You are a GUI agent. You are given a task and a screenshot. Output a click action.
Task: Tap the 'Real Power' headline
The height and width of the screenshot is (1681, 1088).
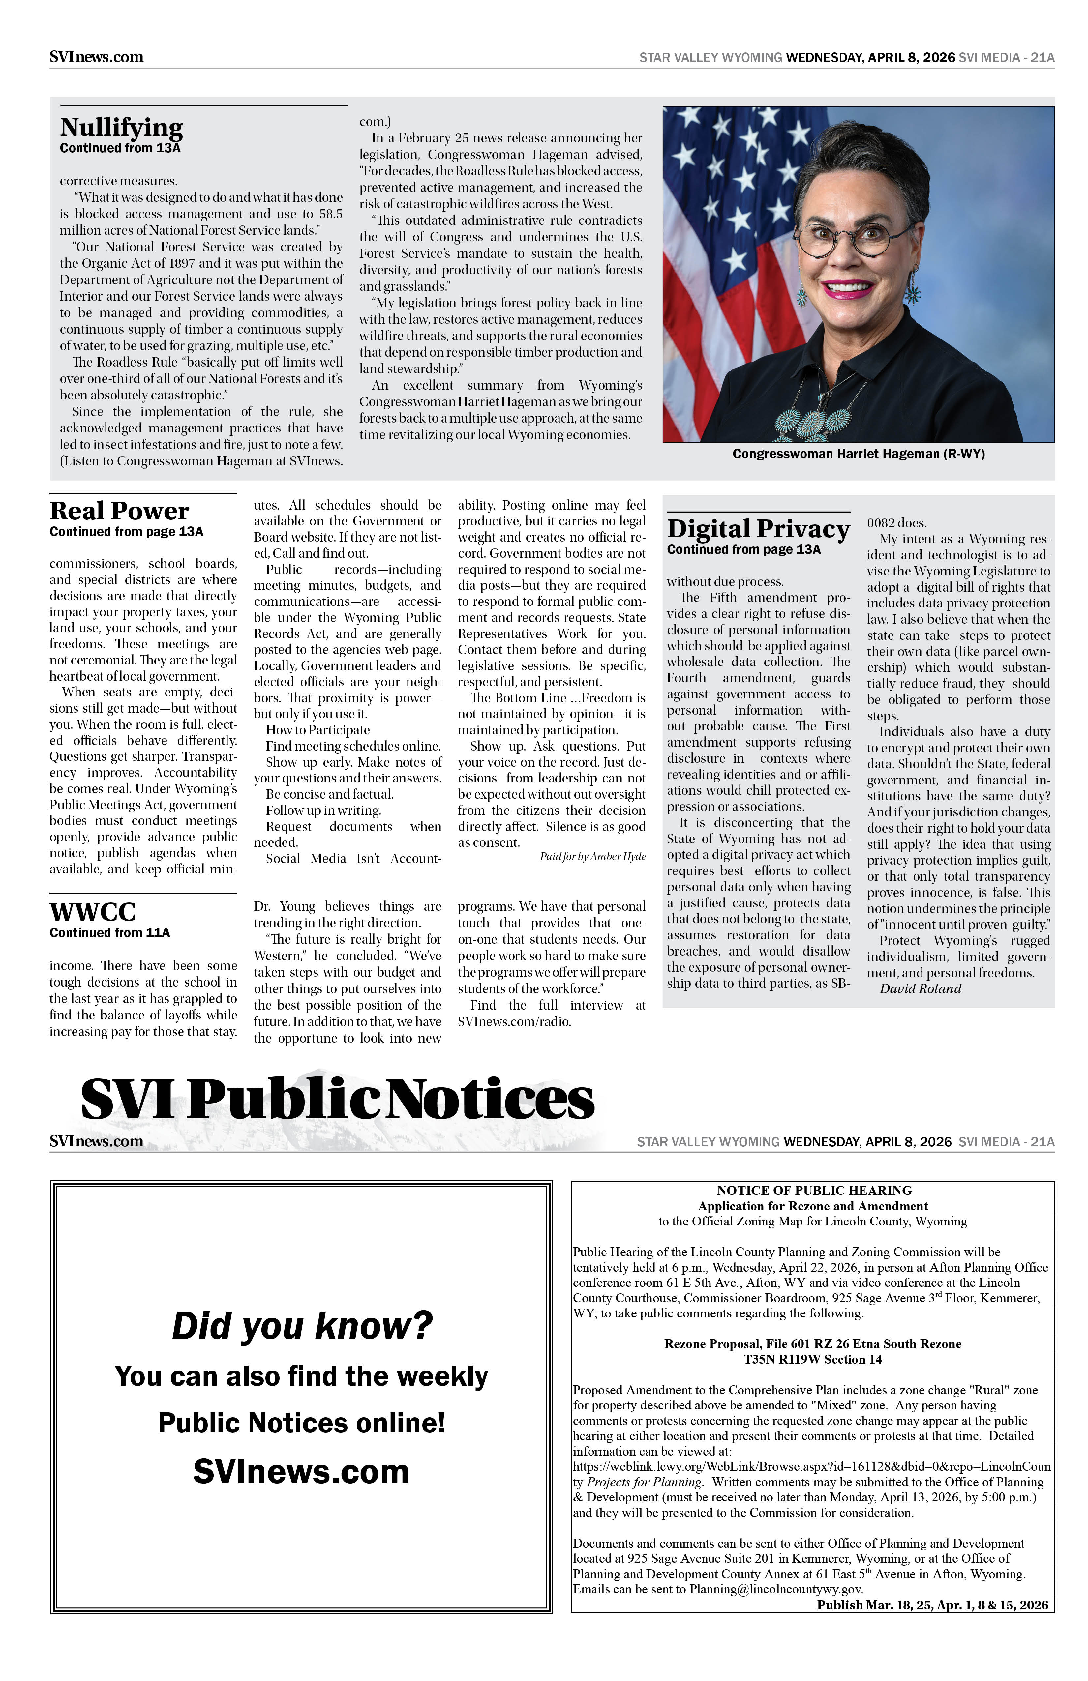(x=119, y=511)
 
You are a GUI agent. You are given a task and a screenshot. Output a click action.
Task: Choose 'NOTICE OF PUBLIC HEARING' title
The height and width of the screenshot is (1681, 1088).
(x=814, y=1191)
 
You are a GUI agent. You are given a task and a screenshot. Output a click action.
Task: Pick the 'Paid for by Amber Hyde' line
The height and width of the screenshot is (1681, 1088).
(x=593, y=857)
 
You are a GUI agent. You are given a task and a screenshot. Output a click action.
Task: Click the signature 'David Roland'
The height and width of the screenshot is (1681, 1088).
(x=920, y=989)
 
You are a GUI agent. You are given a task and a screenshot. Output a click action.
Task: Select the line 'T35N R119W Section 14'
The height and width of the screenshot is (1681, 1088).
(x=812, y=1360)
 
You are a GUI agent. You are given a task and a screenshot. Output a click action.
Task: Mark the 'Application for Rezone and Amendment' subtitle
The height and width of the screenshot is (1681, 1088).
(x=812, y=1206)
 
